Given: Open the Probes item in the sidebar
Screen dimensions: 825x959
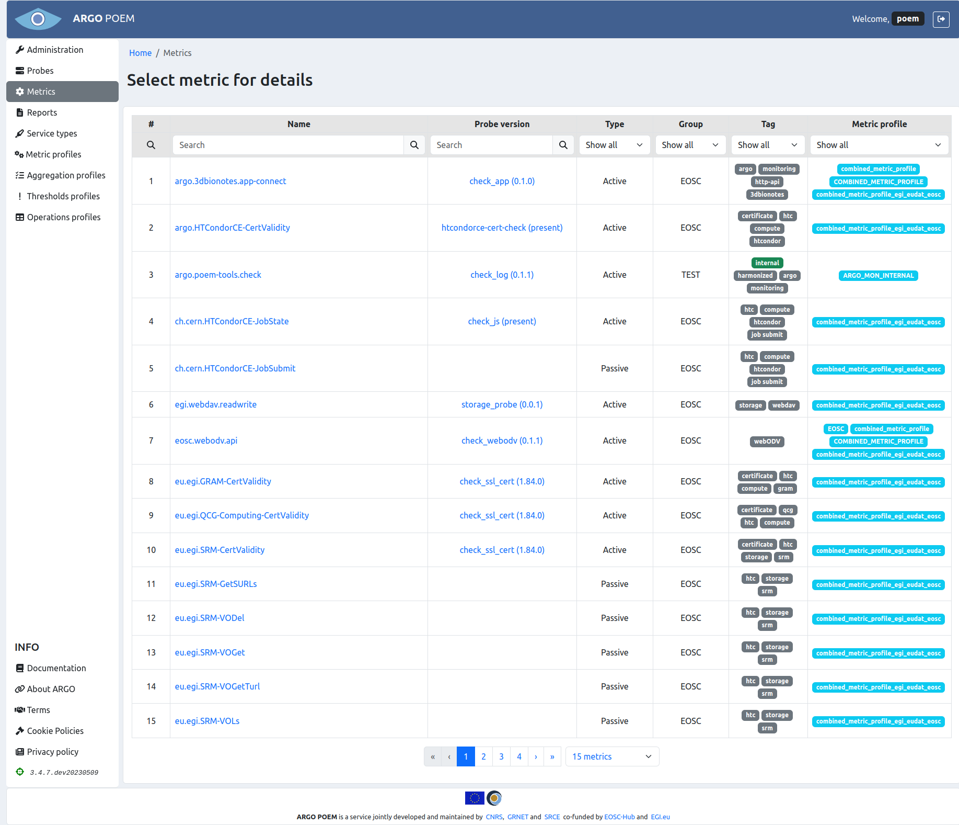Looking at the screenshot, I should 40,71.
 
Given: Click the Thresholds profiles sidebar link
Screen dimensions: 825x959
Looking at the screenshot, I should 63,196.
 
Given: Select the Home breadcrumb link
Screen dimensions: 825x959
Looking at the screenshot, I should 140,53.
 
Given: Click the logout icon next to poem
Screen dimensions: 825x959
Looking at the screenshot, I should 941,19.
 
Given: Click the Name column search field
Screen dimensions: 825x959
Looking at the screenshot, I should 288,145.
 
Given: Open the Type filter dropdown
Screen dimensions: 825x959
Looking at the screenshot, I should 614,145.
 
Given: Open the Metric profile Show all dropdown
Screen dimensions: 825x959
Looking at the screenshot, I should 879,145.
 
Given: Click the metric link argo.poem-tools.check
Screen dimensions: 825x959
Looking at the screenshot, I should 218,275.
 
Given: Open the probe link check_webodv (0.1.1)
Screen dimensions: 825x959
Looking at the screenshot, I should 502,440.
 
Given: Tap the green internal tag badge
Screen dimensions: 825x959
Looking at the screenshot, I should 767,263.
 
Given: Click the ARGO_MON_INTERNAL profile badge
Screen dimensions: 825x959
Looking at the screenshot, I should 878,276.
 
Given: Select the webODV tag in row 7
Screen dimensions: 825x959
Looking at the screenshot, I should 767,442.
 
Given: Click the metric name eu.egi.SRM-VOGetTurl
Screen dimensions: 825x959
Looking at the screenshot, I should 217,686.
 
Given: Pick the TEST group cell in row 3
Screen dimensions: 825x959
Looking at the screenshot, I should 690,275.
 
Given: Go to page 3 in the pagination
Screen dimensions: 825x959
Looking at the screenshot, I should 501,756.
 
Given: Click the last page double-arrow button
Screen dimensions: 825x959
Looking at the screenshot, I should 552,756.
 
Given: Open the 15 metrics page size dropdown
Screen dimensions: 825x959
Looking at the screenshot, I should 611,756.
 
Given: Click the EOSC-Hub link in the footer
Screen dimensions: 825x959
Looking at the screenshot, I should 619,817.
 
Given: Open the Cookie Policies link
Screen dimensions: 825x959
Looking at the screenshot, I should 55,731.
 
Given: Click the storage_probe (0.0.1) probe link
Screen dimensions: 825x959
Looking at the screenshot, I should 502,404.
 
